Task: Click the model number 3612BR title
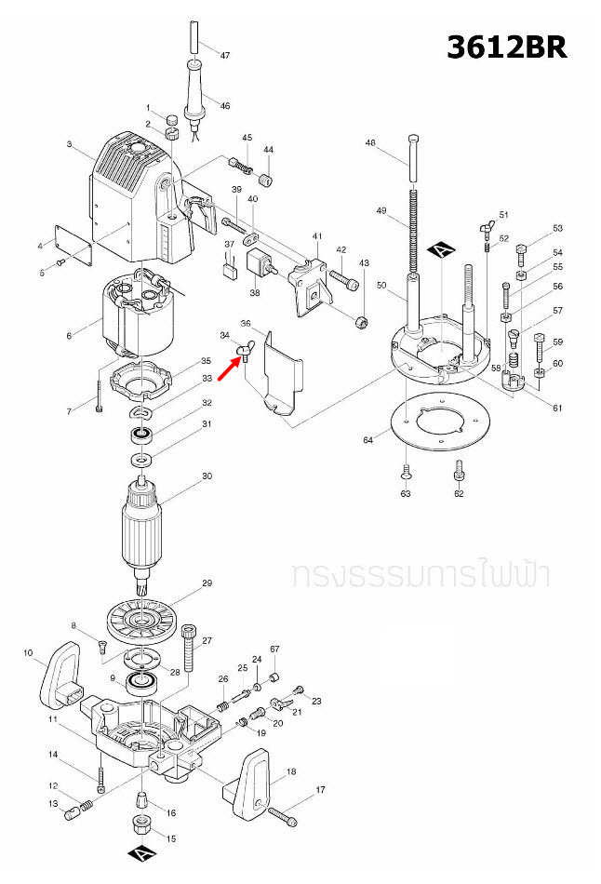pos(506,47)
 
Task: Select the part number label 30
pos(207,476)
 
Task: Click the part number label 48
pos(370,143)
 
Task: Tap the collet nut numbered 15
pos(139,824)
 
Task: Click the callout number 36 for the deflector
pos(246,324)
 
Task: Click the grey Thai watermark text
pos(420,574)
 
